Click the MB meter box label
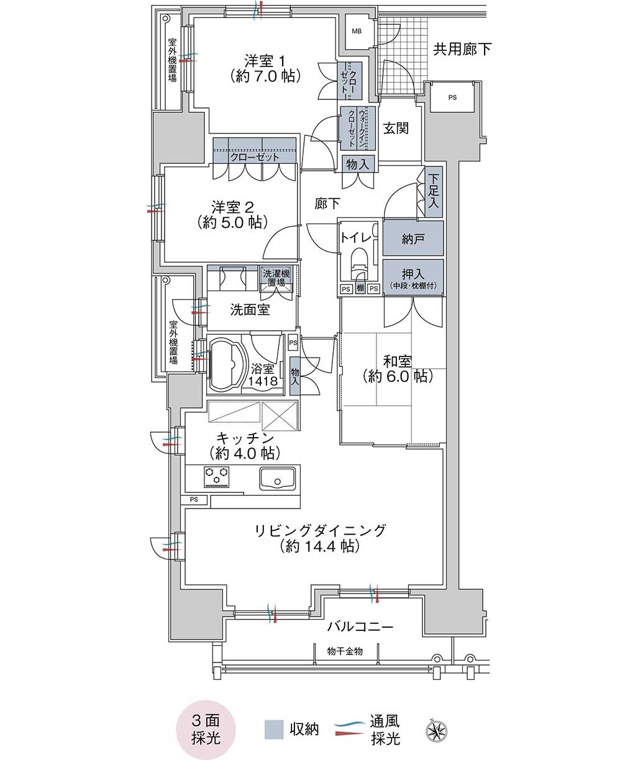(357, 31)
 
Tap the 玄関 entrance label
(396, 129)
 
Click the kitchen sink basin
(277, 478)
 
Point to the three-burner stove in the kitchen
(216, 477)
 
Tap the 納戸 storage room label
(413, 239)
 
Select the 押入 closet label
(413, 274)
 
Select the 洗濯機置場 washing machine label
(276, 278)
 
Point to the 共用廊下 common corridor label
(462, 49)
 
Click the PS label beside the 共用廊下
(452, 97)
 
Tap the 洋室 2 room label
(232, 207)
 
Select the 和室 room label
(397, 361)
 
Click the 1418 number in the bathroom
(263, 381)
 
